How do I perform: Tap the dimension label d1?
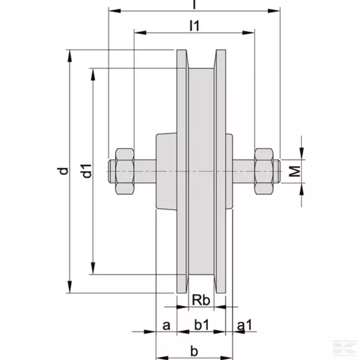87,171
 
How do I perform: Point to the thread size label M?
297,171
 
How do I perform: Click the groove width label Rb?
201,300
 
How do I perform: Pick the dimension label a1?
244,326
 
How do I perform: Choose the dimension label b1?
201,326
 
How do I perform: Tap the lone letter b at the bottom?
194,349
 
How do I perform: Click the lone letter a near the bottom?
166,326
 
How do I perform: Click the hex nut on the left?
124,171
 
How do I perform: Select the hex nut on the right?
264,171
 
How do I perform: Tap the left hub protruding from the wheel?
165,171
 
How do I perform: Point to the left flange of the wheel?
182,171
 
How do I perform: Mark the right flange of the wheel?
220,171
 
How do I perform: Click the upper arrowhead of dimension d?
71,55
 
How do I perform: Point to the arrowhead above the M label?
302,154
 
